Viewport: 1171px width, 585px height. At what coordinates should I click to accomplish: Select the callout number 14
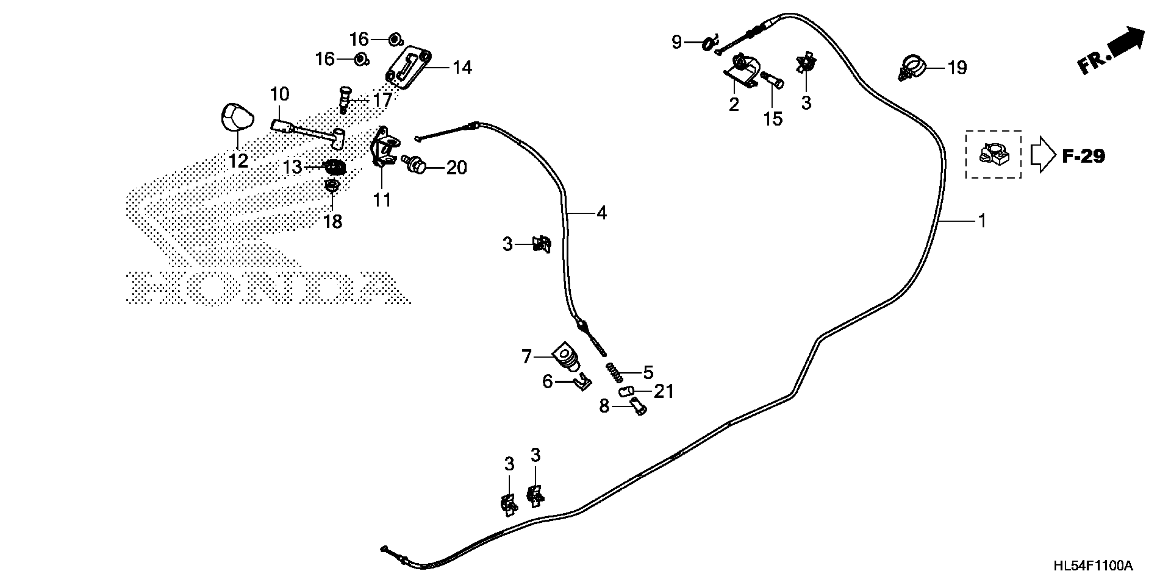(462, 68)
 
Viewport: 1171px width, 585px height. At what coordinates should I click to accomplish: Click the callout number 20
(456, 168)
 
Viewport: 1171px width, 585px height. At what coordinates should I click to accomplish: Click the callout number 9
(677, 42)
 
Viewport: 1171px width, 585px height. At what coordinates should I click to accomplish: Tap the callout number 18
(333, 222)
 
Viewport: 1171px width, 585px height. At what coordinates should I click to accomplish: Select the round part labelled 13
(336, 167)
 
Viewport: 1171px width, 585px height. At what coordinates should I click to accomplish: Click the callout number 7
(526, 357)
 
